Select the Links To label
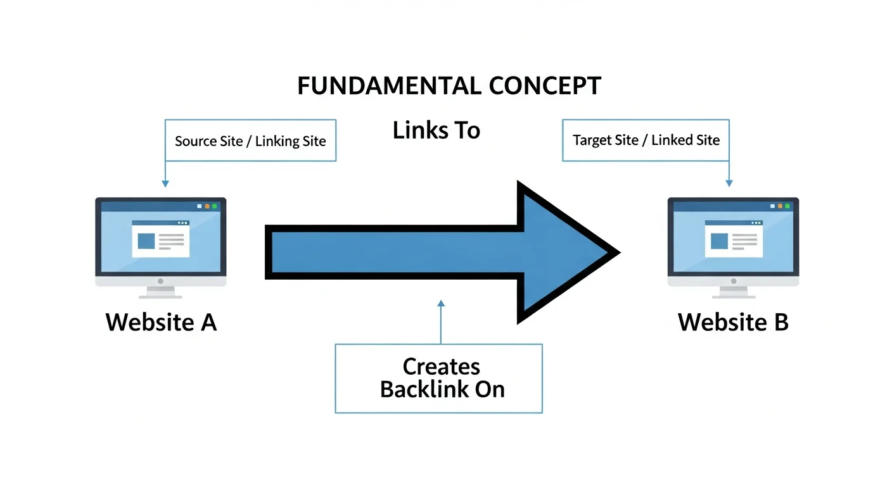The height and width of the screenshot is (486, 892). click(x=436, y=130)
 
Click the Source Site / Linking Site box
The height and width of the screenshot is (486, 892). click(x=250, y=140)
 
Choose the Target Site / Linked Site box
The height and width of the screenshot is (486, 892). click(x=646, y=140)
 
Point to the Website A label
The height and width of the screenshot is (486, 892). click(x=161, y=322)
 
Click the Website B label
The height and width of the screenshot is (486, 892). click(x=733, y=322)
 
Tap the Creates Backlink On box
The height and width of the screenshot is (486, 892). click(x=438, y=378)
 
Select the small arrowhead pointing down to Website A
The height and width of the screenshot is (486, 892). click(x=165, y=184)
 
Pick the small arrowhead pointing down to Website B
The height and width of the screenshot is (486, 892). click(x=729, y=184)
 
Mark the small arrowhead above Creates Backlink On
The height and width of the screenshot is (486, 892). click(x=441, y=303)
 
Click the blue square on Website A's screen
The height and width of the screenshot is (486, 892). click(x=146, y=241)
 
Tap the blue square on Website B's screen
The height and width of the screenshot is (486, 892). click(x=719, y=241)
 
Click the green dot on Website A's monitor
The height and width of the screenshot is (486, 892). click(x=215, y=206)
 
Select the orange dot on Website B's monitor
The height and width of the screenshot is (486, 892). click(x=779, y=206)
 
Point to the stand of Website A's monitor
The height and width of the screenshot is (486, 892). click(x=160, y=292)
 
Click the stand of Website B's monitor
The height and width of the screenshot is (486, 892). click(x=733, y=292)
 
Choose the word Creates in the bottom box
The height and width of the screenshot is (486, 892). click(x=442, y=366)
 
